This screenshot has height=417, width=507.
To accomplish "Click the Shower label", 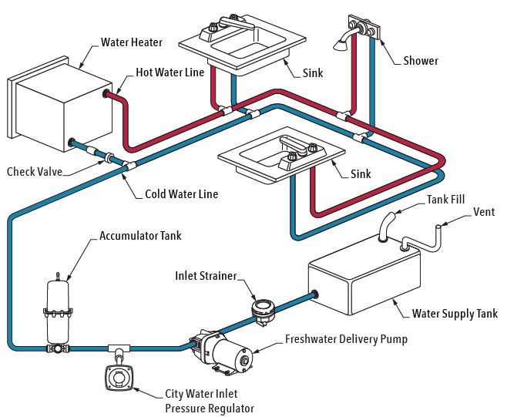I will [x=421, y=61].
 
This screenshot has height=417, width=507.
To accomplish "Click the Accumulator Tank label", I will [x=140, y=235].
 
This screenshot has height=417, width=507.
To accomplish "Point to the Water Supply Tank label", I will [x=455, y=314].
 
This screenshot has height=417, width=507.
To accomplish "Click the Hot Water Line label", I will [x=170, y=72].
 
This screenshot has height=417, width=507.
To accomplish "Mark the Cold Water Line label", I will [x=181, y=193].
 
